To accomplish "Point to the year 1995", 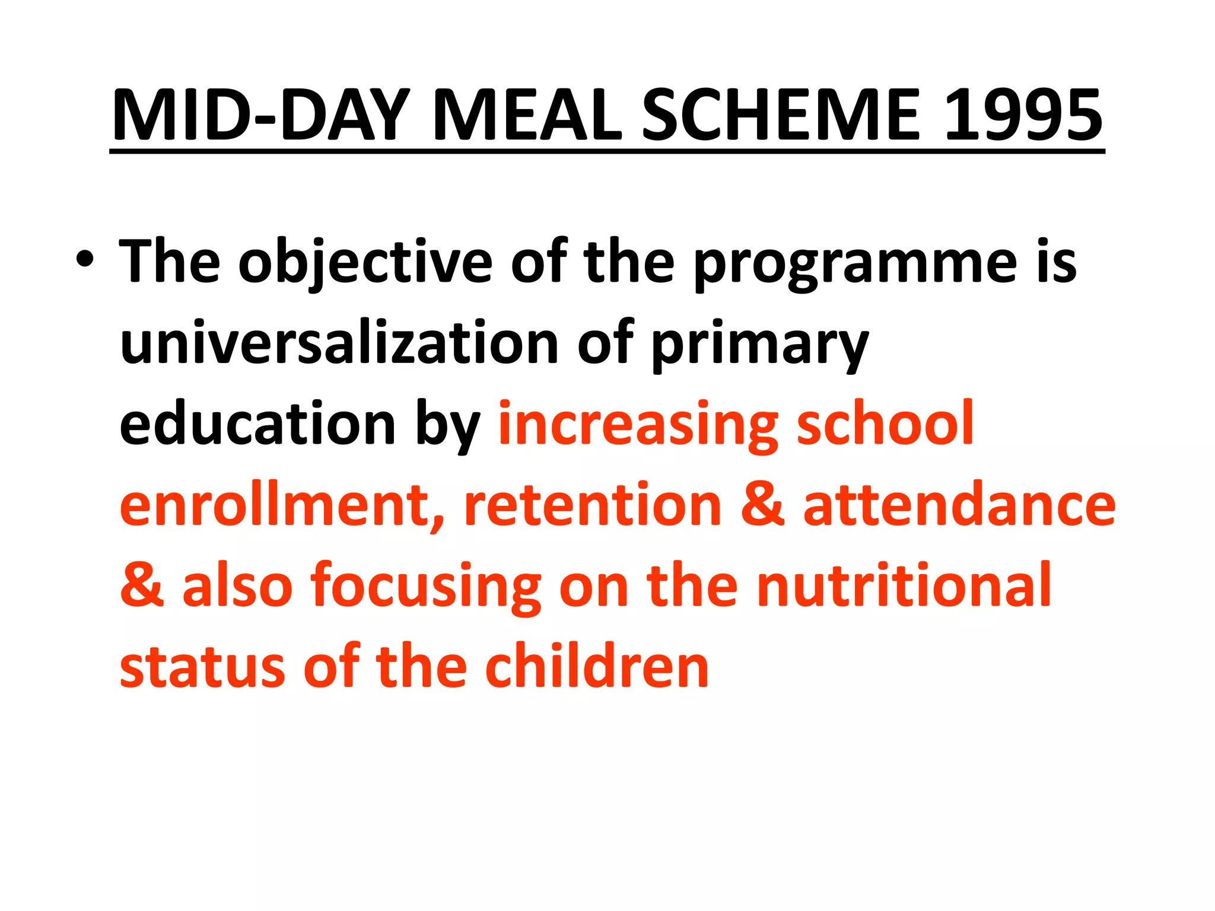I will point(1023,116).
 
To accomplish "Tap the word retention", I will point(593,505).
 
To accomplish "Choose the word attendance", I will point(959,505).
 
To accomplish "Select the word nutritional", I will point(904,585).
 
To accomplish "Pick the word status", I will point(202,667).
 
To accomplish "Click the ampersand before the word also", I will point(142,585).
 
